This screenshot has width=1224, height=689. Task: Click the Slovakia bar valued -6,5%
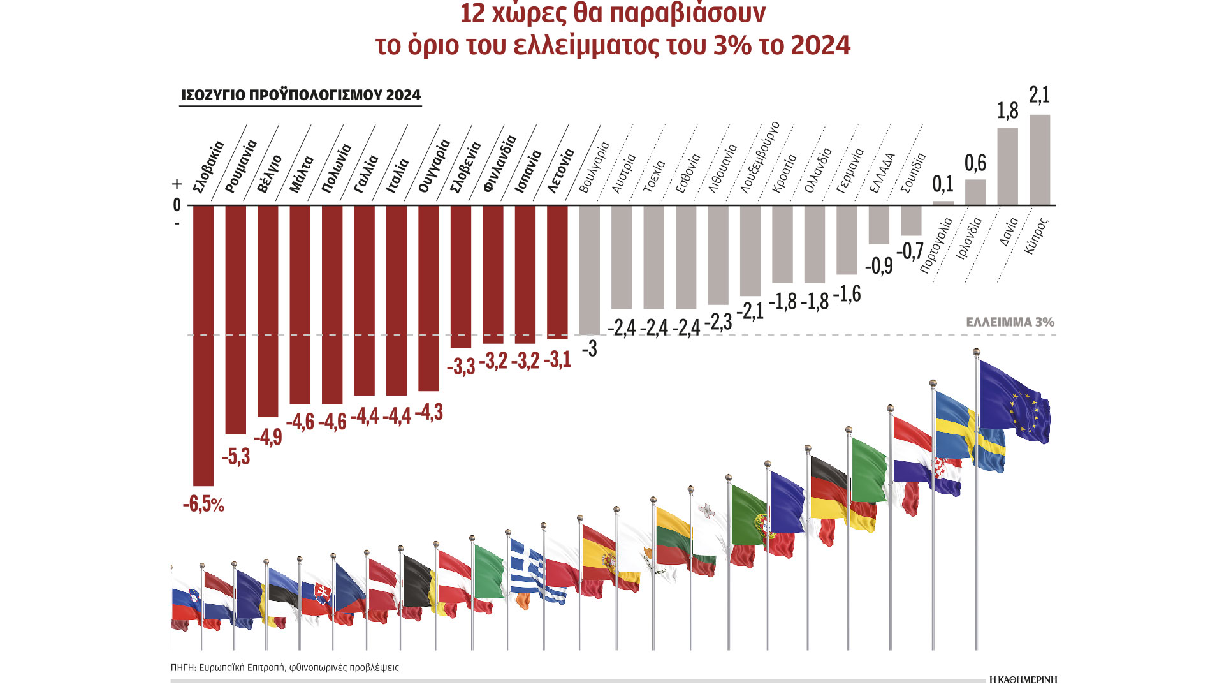203,344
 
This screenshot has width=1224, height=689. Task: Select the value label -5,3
236,457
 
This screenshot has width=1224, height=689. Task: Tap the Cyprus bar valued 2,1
1039,159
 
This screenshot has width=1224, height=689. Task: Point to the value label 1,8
1007,111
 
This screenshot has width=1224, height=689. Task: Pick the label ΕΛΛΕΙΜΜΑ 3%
1010,322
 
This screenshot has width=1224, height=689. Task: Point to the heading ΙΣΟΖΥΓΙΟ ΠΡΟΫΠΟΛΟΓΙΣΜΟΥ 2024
301,95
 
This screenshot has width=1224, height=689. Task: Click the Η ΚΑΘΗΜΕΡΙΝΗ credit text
1023,679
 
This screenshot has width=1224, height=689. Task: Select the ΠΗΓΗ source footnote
284,667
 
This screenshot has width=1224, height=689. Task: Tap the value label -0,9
878,265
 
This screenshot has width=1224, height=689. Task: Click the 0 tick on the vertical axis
177,205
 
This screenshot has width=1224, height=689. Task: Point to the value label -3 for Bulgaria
590,348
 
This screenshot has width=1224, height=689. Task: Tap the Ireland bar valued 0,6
975,192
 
